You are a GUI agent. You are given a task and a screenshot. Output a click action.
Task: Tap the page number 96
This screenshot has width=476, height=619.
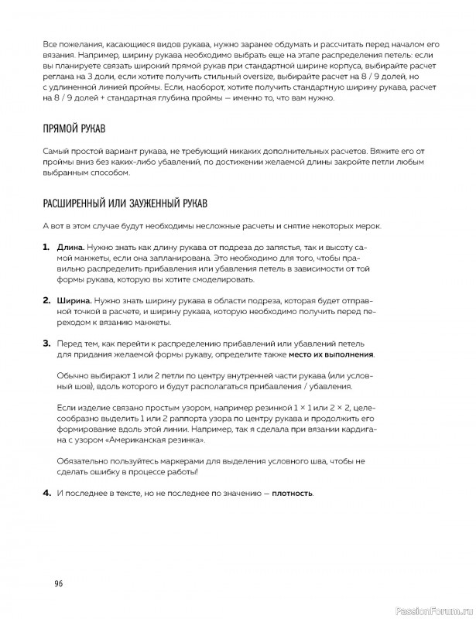[58, 583]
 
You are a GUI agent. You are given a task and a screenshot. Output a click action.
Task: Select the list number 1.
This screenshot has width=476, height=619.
[46, 245]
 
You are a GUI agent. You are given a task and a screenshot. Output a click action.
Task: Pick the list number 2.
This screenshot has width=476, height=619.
[46, 298]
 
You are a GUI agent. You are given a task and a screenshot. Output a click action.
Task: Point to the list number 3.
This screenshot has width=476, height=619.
[46, 342]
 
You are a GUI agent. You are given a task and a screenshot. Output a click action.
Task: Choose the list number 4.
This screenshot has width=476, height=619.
[46, 493]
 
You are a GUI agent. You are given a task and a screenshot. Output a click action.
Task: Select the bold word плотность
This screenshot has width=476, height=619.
[293, 493]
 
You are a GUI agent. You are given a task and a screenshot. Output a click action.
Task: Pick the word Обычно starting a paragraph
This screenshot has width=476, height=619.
[76, 374]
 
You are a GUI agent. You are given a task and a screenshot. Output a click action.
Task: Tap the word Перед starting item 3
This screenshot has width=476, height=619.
[72, 342]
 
